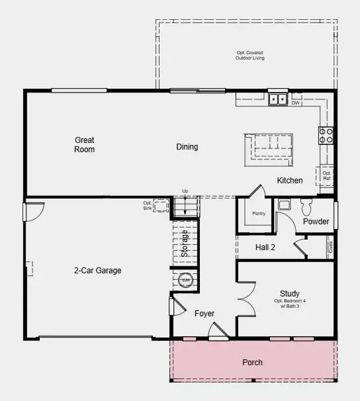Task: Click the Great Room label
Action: coord(85,144)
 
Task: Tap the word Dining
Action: coord(187,147)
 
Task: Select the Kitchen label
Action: coord(290,181)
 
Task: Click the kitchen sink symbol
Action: coord(278,100)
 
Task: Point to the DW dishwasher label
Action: coord(296,103)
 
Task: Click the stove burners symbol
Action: coord(326,136)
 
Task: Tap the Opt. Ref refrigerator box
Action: coord(327,175)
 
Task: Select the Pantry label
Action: coord(259,214)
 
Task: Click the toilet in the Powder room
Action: coord(306,205)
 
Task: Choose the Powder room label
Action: coord(316,222)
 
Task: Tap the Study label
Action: coord(290,294)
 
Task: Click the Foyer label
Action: coord(204,313)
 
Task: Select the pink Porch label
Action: coord(252,363)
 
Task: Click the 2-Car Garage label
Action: coord(97,271)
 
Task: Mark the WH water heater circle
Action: coord(186,281)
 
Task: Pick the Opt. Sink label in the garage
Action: coord(147,206)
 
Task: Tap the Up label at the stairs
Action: coord(185,191)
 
